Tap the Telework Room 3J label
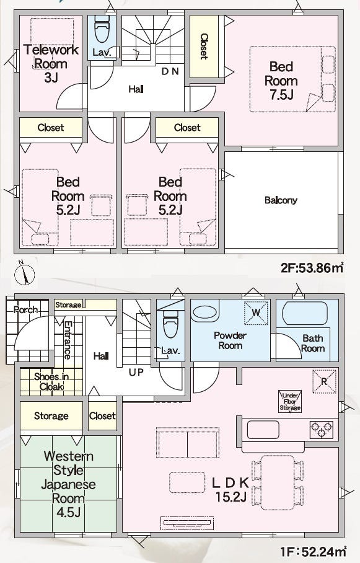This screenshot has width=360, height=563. [x=51, y=63]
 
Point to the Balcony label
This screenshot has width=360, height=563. [x=281, y=200]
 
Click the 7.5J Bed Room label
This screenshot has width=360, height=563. [x=281, y=81]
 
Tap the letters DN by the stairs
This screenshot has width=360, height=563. [x=170, y=71]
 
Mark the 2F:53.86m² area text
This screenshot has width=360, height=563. [x=312, y=267]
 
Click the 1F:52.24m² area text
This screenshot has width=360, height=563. [x=314, y=551]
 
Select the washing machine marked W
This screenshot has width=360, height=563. [x=256, y=313]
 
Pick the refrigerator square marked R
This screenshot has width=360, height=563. [x=324, y=381]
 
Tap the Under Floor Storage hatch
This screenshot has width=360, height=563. [x=290, y=401]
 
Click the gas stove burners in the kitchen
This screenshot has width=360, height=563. [x=321, y=429]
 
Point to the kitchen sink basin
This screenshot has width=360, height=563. [x=263, y=430]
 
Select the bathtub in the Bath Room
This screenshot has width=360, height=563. [x=305, y=313]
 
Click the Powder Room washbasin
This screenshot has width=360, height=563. [x=204, y=313]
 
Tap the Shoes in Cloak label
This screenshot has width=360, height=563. [x=51, y=382]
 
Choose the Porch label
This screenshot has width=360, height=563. [x=26, y=309]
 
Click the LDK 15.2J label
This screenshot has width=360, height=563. [x=230, y=489]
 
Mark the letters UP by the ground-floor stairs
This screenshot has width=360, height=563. [x=136, y=373]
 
